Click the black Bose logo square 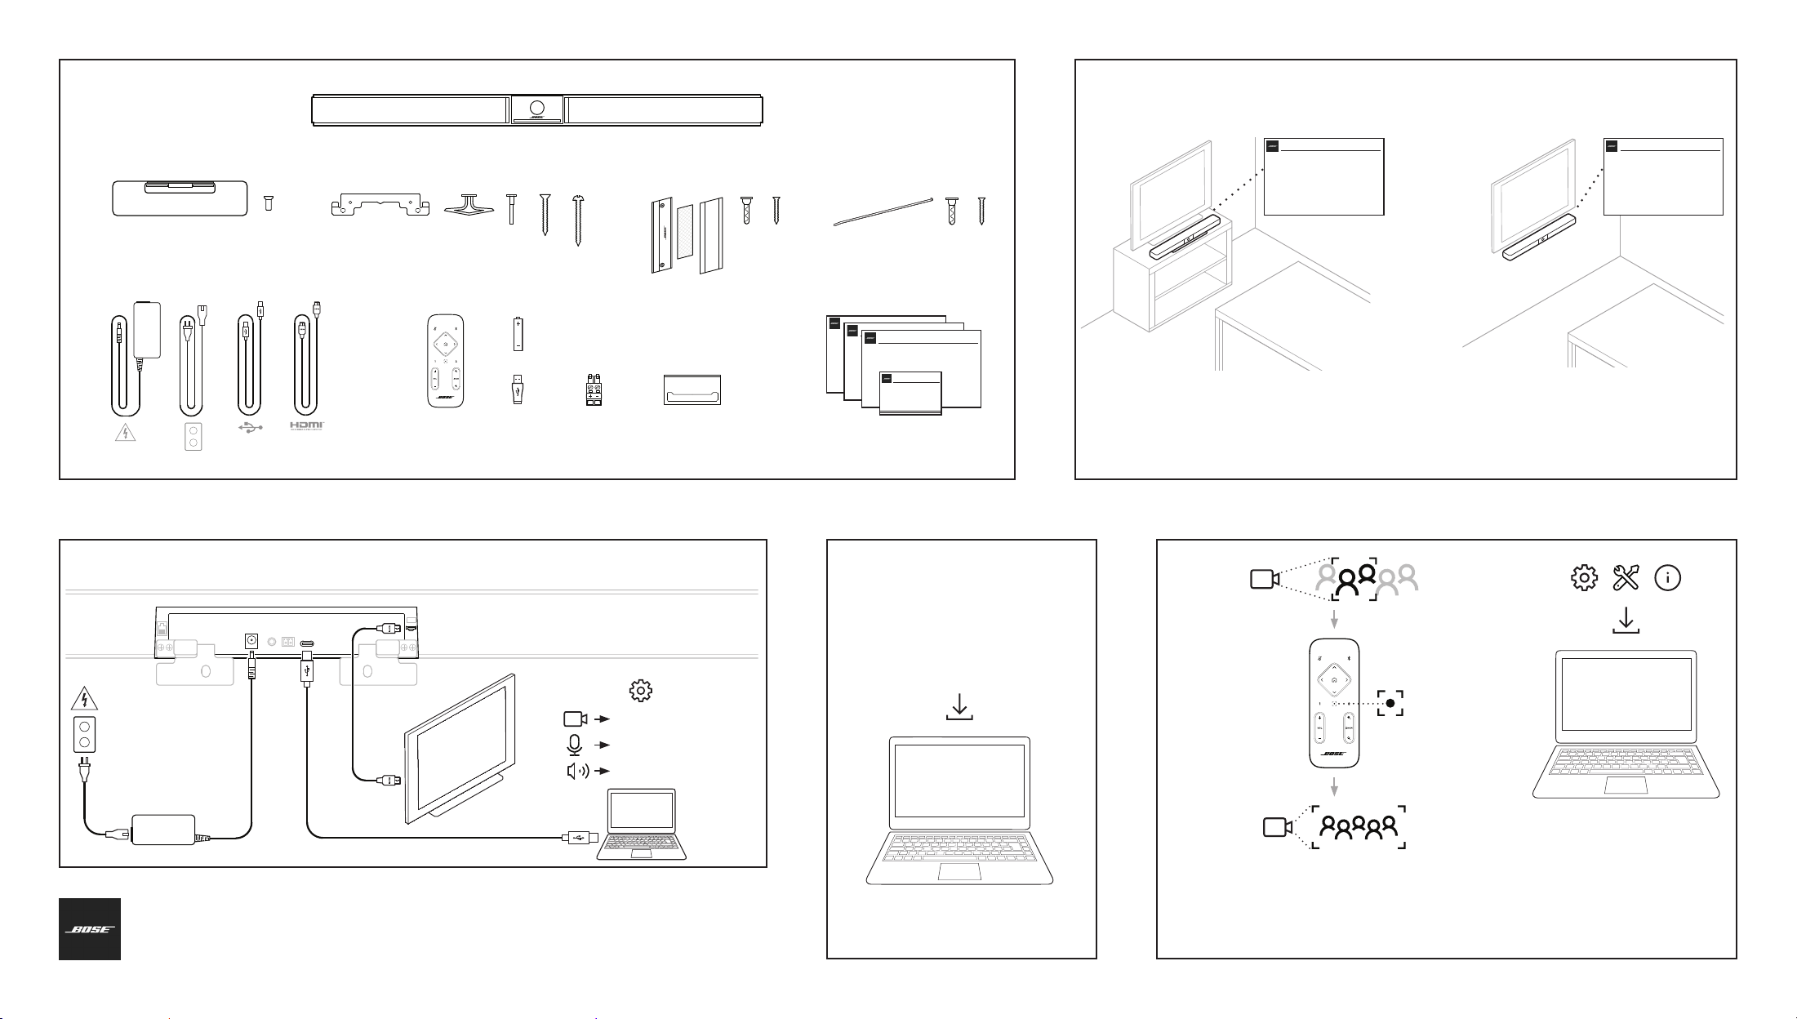point(90,929)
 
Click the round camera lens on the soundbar point(537,108)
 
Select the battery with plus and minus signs point(518,335)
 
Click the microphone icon point(575,745)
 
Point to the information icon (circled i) point(1667,578)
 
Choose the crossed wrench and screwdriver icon point(1626,578)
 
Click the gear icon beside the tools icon point(1584,578)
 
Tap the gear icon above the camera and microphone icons point(640,691)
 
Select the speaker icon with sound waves point(577,771)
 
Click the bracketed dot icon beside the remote point(1390,702)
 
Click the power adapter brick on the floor point(163,830)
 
